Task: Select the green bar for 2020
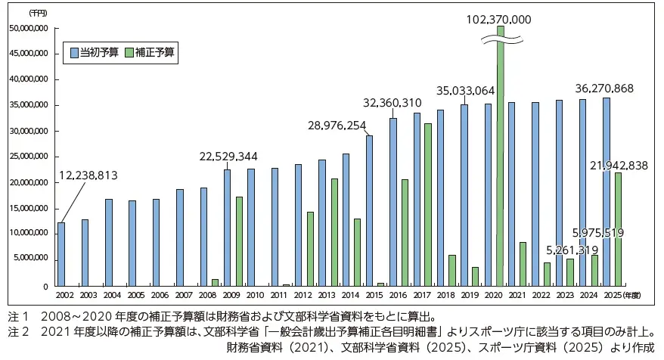click(x=500, y=166)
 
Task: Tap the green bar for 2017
click(x=428, y=204)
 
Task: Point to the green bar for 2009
click(x=239, y=241)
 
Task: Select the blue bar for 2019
click(x=464, y=195)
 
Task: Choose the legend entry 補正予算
click(x=154, y=53)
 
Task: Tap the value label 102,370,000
click(x=500, y=19)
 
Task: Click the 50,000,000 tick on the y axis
click(x=28, y=28)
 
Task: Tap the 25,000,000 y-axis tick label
click(x=28, y=157)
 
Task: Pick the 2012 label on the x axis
click(x=303, y=294)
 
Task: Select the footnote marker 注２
click(x=17, y=331)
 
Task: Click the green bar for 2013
click(x=334, y=232)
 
